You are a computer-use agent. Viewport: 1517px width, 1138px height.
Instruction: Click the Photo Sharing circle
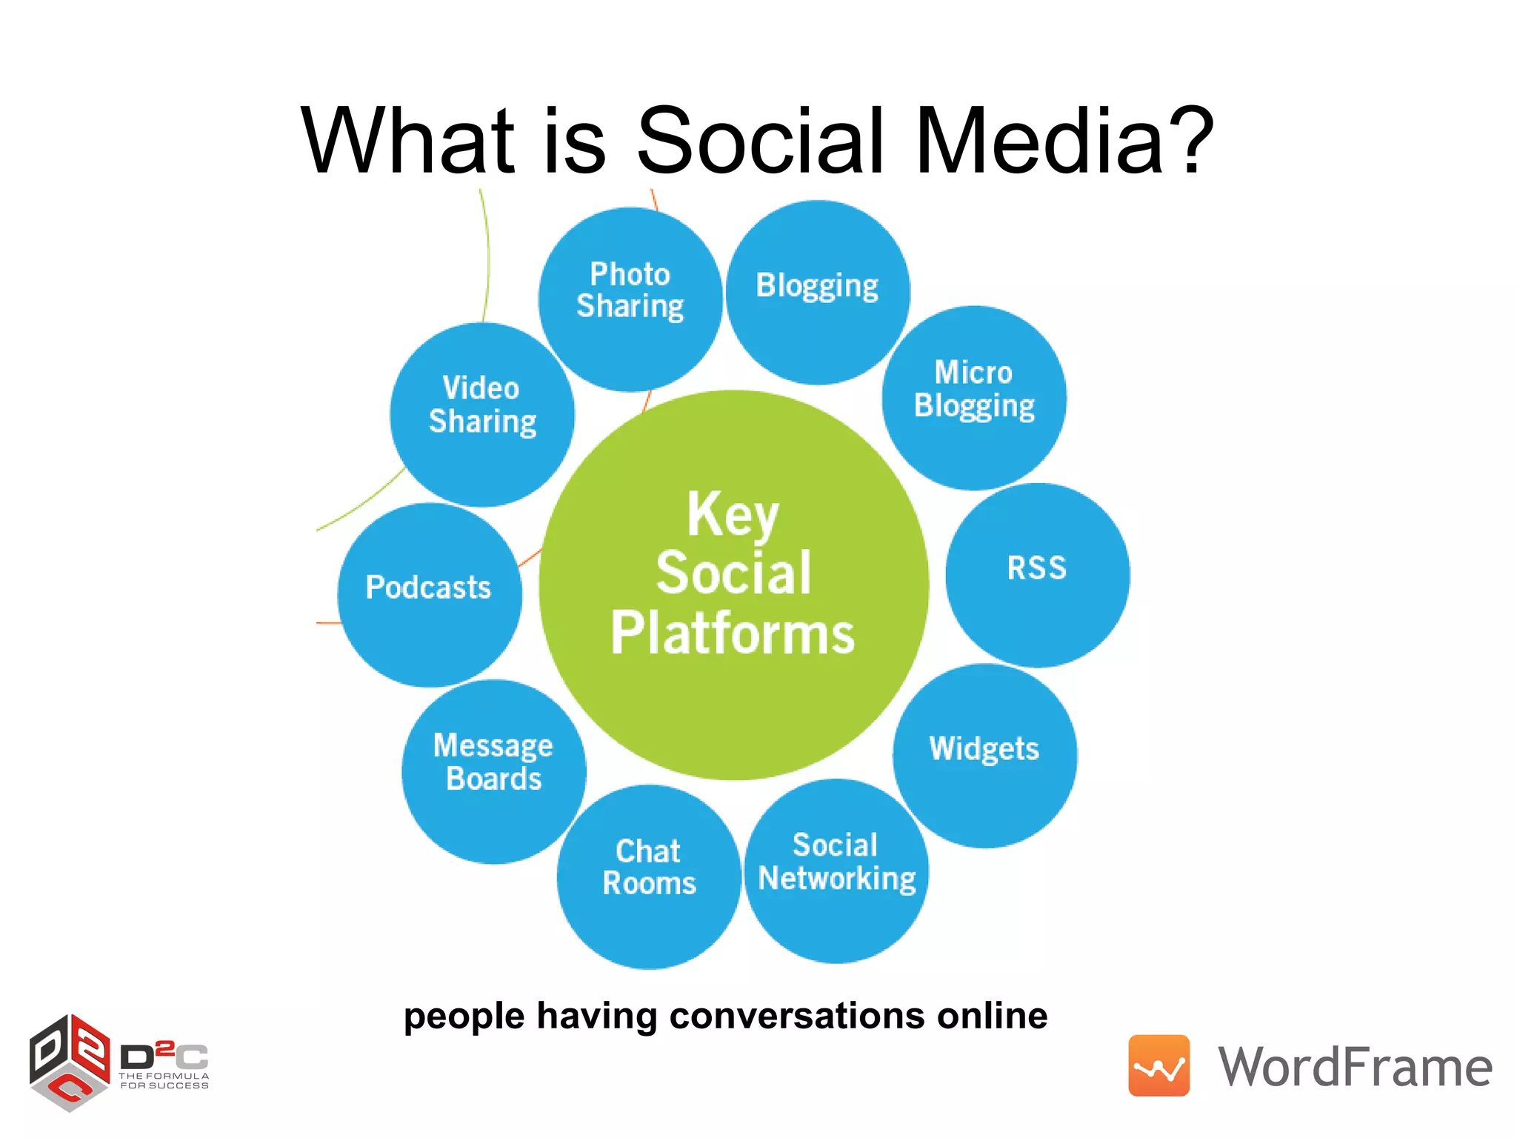tap(630, 299)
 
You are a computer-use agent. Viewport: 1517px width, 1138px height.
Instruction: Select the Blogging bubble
tap(818, 292)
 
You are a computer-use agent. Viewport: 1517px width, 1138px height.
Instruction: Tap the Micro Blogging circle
tap(974, 398)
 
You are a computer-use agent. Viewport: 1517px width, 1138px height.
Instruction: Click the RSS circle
tap(1037, 575)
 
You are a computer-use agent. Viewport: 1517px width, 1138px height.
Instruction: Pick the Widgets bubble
tap(984, 756)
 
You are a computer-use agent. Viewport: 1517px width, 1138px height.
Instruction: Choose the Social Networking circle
tap(836, 871)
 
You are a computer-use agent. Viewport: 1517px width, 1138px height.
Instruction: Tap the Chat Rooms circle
tap(649, 876)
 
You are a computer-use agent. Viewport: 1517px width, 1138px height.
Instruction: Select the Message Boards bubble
tap(494, 771)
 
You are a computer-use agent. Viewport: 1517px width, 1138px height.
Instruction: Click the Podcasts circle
tap(430, 594)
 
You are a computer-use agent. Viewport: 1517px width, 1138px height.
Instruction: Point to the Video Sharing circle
tap(482, 414)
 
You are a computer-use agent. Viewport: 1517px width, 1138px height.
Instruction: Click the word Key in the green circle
tap(733, 515)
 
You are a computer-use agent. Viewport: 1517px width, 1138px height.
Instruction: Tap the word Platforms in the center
tap(733, 633)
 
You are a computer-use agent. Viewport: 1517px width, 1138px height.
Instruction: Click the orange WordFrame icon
tap(1158, 1065)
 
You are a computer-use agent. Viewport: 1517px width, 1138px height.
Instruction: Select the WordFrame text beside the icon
tap(1355, 1068)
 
